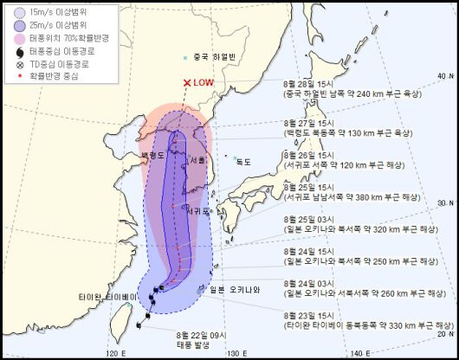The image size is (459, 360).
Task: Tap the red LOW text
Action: [203, 83]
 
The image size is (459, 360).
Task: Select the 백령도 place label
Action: [152, 157]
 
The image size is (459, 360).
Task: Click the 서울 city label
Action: [196, 161]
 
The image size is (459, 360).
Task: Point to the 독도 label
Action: [243, 161]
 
